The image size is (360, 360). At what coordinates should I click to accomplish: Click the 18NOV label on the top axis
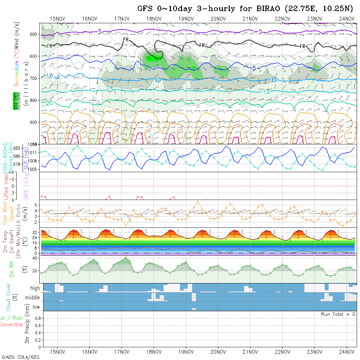(x=154, y=19)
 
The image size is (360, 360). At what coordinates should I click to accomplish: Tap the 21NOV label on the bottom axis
(x=250, y=352)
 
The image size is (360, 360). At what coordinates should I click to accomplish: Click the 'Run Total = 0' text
(x=338, y=314)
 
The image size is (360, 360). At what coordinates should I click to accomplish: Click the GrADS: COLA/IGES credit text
(x=20, y=357)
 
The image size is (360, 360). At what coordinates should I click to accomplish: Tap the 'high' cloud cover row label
(x=35, y=288)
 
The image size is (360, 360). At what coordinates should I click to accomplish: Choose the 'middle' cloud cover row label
(x=33, y=298)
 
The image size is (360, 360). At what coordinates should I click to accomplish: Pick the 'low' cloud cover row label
(x=36, y=307)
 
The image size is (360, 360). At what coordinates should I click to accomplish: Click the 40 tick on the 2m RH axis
(x=33, y=258)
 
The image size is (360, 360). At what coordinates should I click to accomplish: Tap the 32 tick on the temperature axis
(x=33, y=232)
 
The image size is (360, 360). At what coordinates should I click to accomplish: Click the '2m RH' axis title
(x=11, y=269)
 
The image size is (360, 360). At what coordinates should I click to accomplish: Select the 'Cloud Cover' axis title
(x=9, y=297)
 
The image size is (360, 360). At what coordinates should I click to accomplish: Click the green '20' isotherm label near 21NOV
(x=242, y=102)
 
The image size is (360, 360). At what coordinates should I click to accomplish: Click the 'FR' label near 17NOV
(x=126, y=40)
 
